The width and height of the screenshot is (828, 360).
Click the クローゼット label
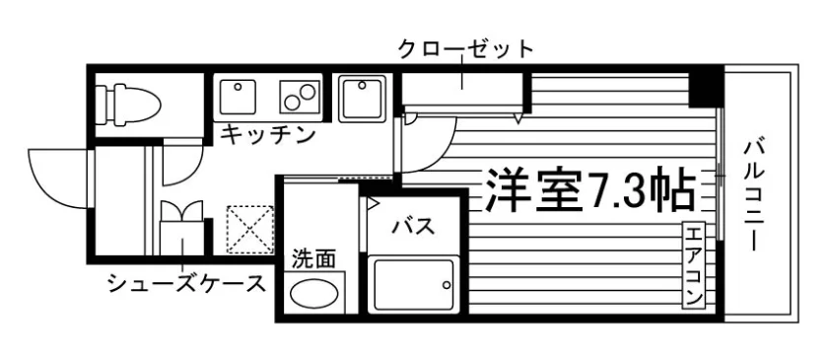tap(465, 49)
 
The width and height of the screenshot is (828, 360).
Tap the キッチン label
tap(268, 136)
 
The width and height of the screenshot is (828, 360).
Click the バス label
tap(413, 226)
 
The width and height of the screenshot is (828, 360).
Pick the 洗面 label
tap(314, 259)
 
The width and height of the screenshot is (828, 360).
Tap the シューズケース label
tap(186, 284)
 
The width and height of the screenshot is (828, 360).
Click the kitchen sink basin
tap(238, 97)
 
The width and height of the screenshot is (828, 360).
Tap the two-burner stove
tap(300, 97)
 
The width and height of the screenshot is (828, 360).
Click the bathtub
tap(412, 284)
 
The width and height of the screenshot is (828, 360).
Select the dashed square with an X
tap(250, 230)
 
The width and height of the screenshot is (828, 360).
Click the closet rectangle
tap(462, 89)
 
